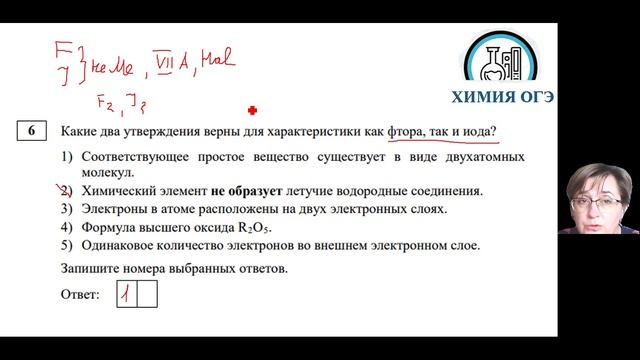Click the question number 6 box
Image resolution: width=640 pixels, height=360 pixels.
pos(32,132)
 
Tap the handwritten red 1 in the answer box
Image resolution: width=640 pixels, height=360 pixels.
pos(127,294)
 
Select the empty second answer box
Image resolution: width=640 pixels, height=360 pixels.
pos(147,294)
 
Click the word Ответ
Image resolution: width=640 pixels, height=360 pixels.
pos(80,295)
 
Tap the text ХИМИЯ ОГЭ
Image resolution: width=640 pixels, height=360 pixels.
pos(517,98)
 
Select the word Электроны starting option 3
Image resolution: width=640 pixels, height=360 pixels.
pos(113,209)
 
